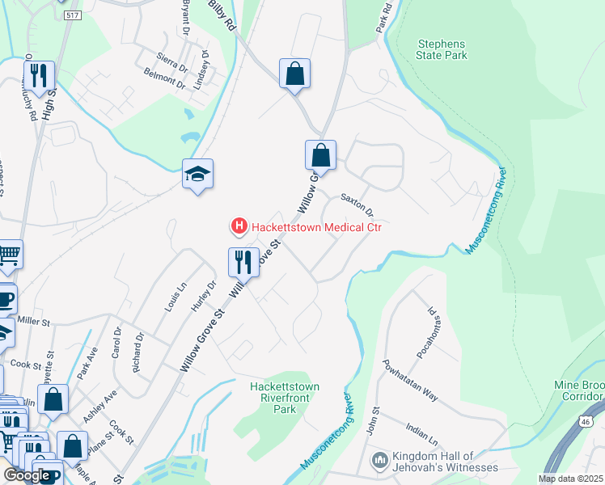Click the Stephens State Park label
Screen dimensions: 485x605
pyautogui.click(x=442, y=49)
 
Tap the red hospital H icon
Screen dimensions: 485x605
pyautogui.click(x=239, y=227)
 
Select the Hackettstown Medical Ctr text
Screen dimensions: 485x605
pyautogui.click(x=315, y=227)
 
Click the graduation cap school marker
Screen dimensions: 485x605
pyautogui.click(x=197, y=174)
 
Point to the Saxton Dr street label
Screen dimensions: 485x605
pyautogui.click(x=357, y=204)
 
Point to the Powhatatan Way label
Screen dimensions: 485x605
pyautogui.click(x=410, y=380)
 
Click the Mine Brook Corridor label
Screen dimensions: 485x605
pyautogui.click(x=579, y=391)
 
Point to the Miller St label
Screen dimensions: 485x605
pyautogui.click(x=33, y=322)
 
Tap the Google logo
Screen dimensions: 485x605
pyautogui.click(x=27, y=475)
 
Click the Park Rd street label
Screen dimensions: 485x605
pyautogui.click(x=383, y=18)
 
